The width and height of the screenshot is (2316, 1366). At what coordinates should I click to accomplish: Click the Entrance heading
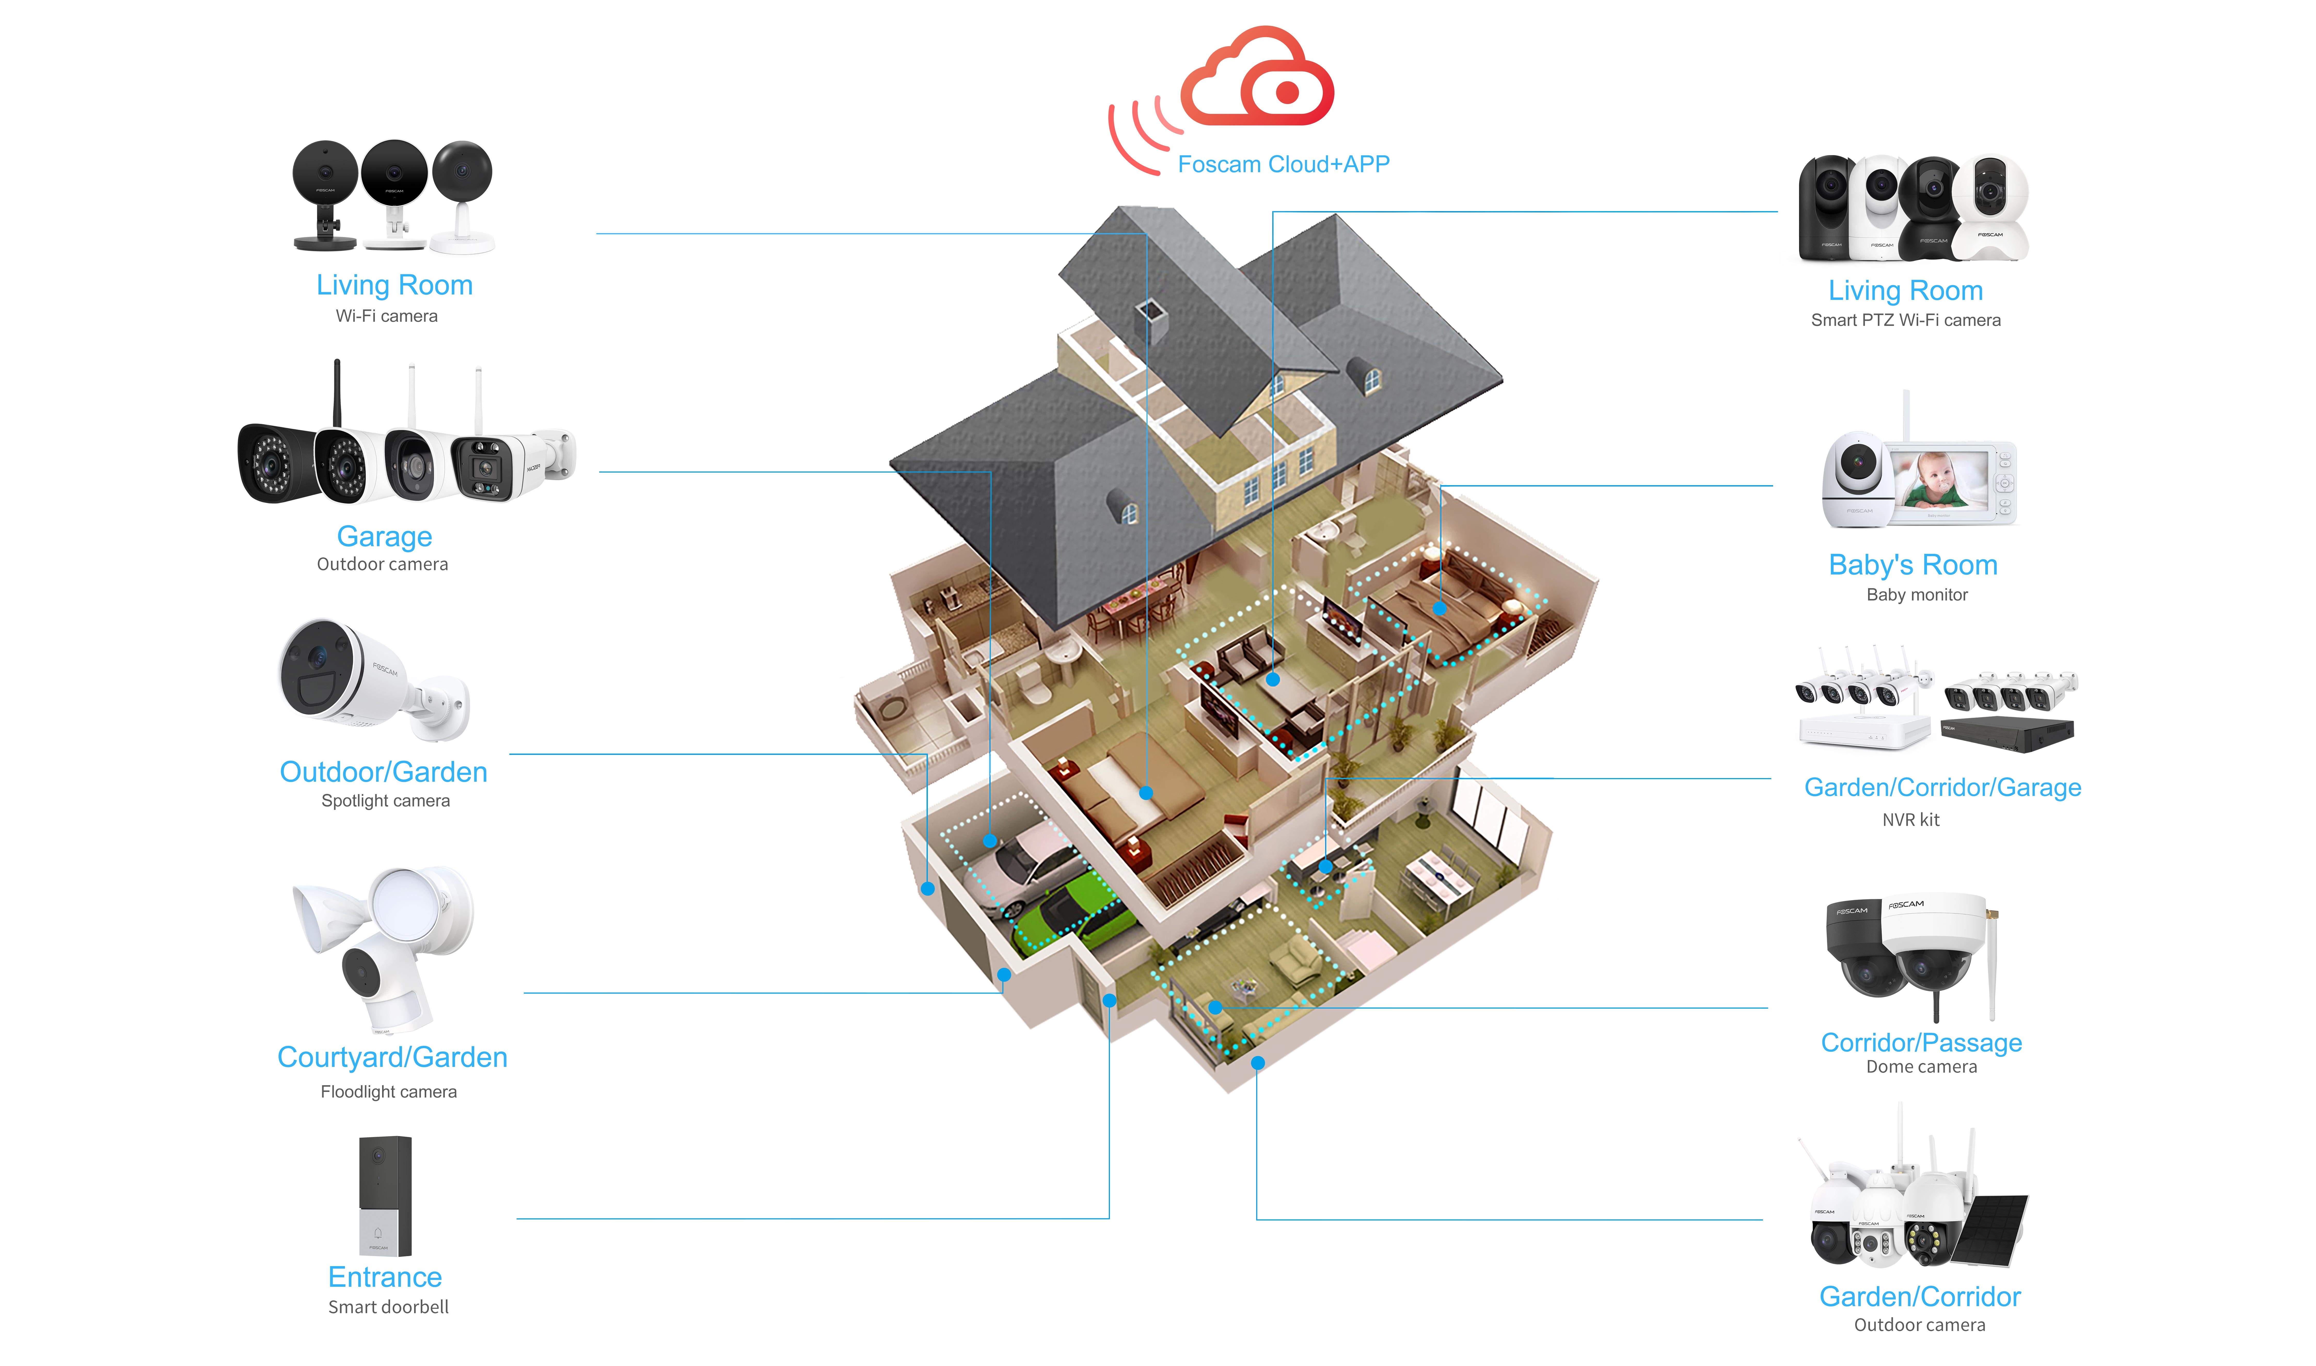click(385, 1277)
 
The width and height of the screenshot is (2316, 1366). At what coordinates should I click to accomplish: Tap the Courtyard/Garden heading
click(392, 1057)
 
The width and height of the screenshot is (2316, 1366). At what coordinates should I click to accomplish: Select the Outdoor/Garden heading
click(383, 771)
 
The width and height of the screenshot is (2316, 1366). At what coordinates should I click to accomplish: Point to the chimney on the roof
click(1151, 318)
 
